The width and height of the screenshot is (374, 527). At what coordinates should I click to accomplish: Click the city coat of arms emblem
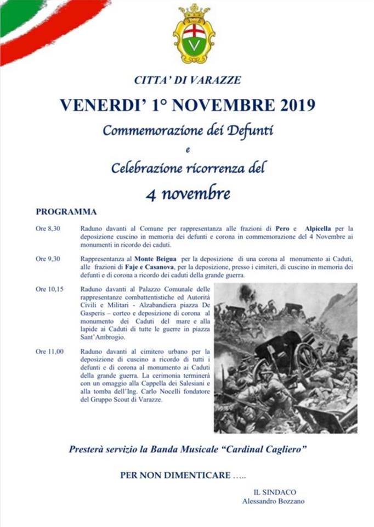[x=194, y=34]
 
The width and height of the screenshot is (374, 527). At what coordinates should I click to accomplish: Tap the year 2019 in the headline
[x=292, y=105]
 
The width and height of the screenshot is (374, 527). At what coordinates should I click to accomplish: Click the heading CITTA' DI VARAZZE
[x=188, y=80]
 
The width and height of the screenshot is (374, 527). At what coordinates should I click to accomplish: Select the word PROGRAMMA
[x=66, y=211]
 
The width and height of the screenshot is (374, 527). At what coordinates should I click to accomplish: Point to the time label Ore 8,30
[x=48, y=228]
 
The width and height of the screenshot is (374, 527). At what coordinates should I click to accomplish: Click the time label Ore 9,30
[x=48, y=259]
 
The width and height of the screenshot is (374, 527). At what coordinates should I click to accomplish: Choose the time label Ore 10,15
[x=49, y=289]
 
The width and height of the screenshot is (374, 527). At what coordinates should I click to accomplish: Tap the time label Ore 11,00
[x=49, y=351]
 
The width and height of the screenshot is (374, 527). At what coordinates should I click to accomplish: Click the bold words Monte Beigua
[x=154, y=259]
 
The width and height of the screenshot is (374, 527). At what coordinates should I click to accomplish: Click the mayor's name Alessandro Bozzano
[x=274, y=501]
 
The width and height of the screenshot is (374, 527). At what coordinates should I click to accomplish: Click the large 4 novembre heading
[x=187, y=193]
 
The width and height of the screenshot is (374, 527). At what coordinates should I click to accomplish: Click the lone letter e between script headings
[x=188, y=150]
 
